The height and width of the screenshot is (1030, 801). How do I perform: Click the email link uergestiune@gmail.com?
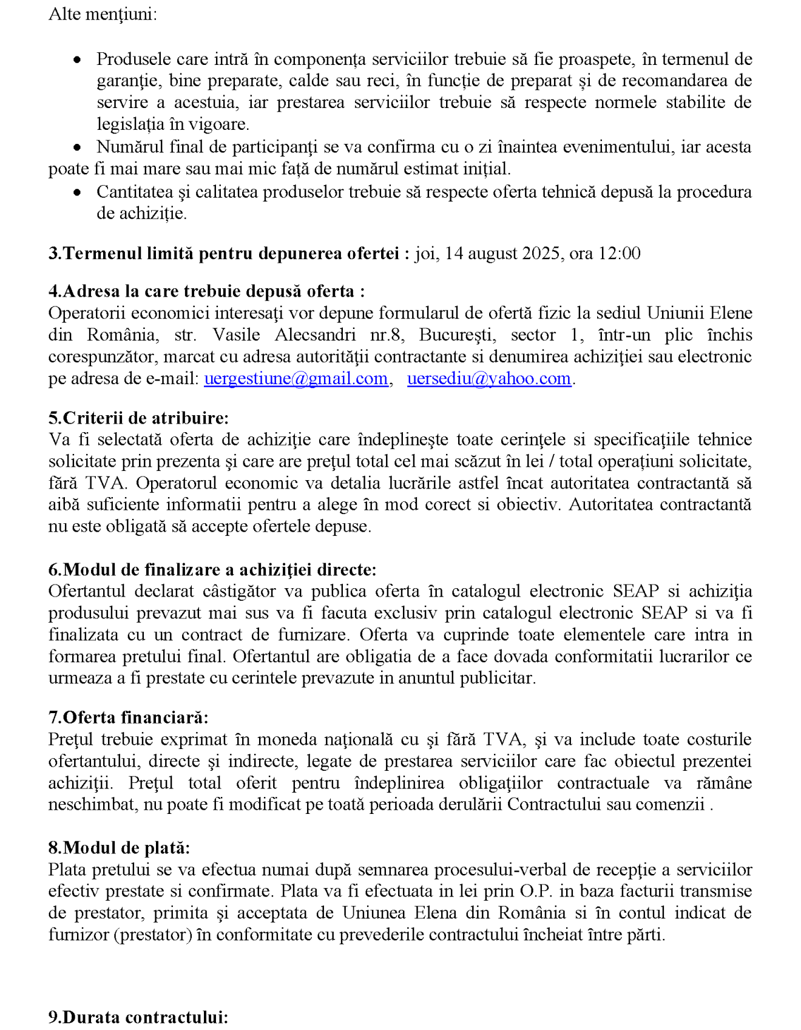pos(296,379)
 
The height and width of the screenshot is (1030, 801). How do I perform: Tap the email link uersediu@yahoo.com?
pos(489,379)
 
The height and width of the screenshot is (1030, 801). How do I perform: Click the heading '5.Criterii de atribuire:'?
pos(138,418)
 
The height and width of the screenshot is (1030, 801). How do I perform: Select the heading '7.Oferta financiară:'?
pos(128,717)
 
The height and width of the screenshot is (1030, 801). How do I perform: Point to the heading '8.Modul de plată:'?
pos(119,848)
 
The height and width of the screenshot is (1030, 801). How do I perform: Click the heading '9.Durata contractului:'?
pos(138,1017)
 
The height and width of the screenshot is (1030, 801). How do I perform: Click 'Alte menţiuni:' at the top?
pos(103,14)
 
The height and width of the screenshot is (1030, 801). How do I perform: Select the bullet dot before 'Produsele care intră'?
pos(77,59)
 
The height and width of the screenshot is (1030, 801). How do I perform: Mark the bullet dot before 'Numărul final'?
pos(77,147)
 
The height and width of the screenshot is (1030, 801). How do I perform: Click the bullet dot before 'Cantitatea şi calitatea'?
pos(77,192)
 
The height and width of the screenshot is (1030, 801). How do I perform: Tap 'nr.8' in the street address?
pos(387,335)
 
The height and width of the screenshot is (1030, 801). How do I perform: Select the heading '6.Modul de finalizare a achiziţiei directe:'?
pos(212,570)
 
